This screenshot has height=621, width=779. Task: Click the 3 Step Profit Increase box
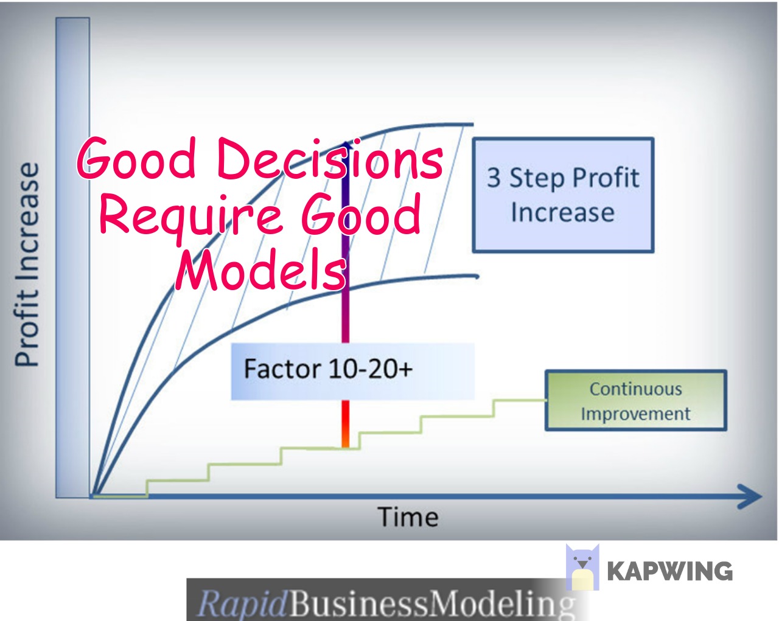(564, 195)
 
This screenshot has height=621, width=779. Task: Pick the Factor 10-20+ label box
(352, 371)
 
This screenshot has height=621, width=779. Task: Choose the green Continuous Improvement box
(636, 400)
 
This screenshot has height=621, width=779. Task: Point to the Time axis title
(408, 517)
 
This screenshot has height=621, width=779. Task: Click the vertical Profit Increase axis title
(26, 265)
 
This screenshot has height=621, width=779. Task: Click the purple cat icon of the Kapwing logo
(582, 567)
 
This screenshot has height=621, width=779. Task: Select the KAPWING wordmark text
(669, 571)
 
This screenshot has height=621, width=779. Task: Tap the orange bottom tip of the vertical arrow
(346, 445)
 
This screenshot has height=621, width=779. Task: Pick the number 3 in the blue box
(494, 178)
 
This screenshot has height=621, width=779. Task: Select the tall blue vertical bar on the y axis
(73, 258)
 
